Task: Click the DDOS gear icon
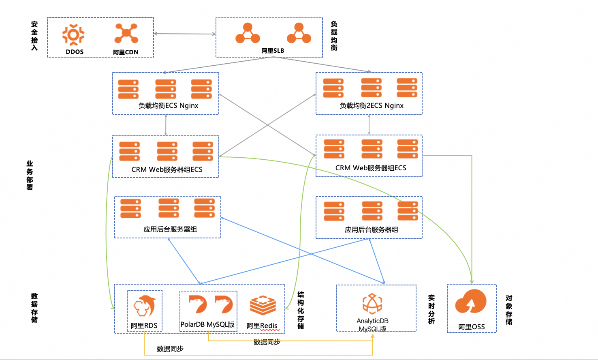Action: [x=73, y=34]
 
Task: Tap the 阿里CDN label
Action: [x=126, y=52]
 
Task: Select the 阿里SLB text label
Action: [x=273, y=51]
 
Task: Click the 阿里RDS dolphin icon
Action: [x=145, y=306]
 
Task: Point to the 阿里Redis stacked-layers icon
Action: [x=263, y=305]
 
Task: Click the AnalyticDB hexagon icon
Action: [x=372, y=304]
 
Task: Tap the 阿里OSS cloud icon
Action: [x=471, y=302]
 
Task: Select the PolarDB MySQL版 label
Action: [x=207, y=324]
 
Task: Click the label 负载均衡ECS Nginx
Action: [x=168, y=105]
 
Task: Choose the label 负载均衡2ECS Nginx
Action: [x=372, y=105]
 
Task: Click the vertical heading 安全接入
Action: [x=34, y=36]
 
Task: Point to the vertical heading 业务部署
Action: [x=30, y=175]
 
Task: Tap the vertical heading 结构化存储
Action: [x=301, y=310]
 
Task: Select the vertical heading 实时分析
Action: [x=431, y=309]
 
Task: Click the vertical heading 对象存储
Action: [x=509, y=310]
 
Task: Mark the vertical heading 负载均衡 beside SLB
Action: [x=334, y=36]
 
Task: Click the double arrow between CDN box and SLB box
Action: [x=185, y=34]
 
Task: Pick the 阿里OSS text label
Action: [x=471, y=327]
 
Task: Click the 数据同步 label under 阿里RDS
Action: [x=170, y=349]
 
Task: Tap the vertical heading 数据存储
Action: [x=34, y=308]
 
